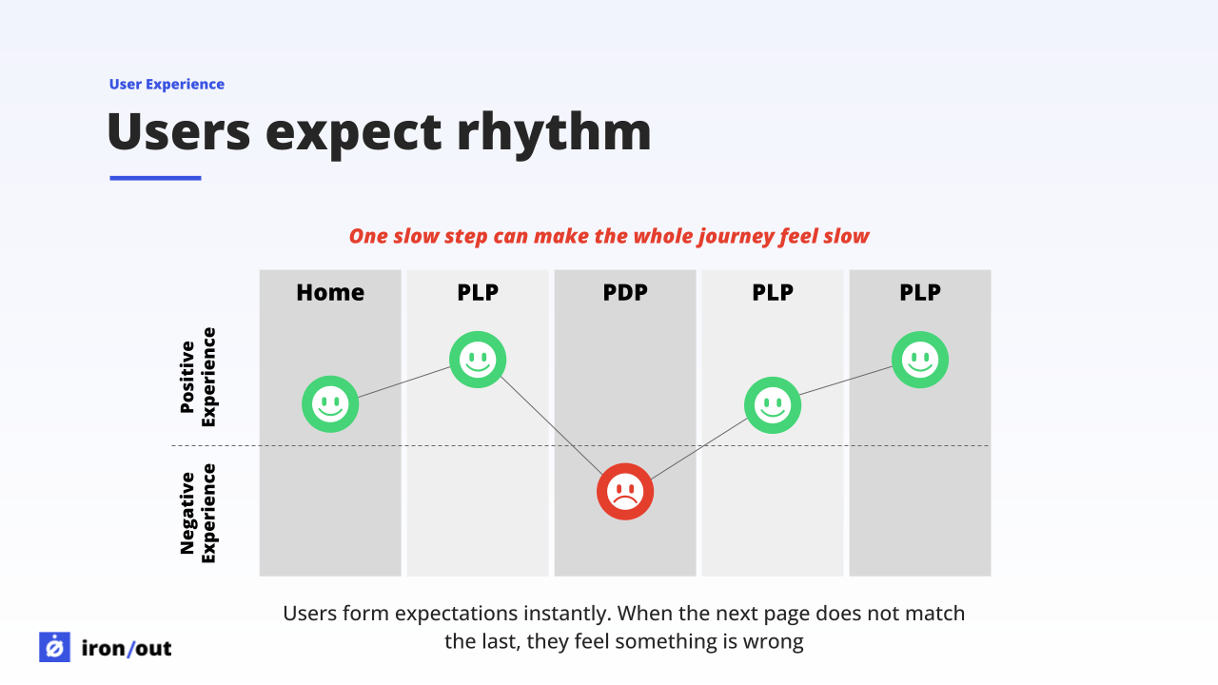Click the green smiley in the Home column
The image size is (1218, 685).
pyautogui.click(x=330, y=404)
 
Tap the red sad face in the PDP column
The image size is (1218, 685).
pyautogui.click(x=625, y=492)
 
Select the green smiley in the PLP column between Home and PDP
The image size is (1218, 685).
pyautogui.click(x=478, y=360)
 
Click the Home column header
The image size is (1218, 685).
pyautogui.click(x=330, y=293)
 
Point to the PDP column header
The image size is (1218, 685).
pyautogui.click(x=625, y=293)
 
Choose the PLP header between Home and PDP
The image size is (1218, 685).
pyautogui.click(x=478, y=293)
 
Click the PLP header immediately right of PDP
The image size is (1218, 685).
pyautogui.click(x=773, y=293)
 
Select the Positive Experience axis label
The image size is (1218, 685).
pyautogui.click(x=199, y=377)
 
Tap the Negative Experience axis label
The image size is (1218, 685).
pyautogui.click(x=199, y=513)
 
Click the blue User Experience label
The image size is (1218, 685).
pyautogui.click(x=167, y=85)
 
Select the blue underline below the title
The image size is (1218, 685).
pyautogui.click(x=155, y=178)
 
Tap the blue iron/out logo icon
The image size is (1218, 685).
pyautogui.click(x=54, y=647)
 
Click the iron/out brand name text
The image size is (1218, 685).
pyautogui.click(x=127, y=649)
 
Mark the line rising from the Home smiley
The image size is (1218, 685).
pyautogui.click(x=404, y=382)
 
